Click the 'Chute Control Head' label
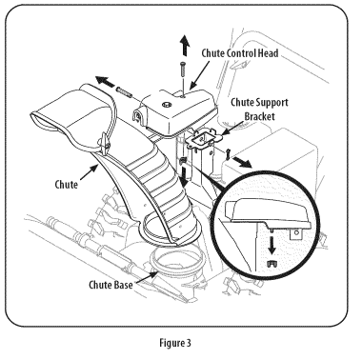[x=240, y=53]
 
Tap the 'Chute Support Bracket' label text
[x=259, y=110]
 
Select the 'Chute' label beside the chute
[x=66, y=184]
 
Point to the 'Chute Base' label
[x=111, y=285]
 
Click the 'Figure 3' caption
[x=175, y=343]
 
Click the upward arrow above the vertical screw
[x=184, y=46]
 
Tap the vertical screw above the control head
[x=182, y=69]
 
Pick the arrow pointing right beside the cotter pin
[x=243, y=162]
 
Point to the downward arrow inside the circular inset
[x=271, y=244]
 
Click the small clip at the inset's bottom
[x=271, y=264]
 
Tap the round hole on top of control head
[x=166, y=104]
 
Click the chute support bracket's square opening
[x=201, y=137]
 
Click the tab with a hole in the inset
[x=296, y=234]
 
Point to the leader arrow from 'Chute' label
[x=88, y=173]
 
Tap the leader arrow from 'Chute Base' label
[x=145, y=276]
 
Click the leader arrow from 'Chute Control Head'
[x=199, y=75]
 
